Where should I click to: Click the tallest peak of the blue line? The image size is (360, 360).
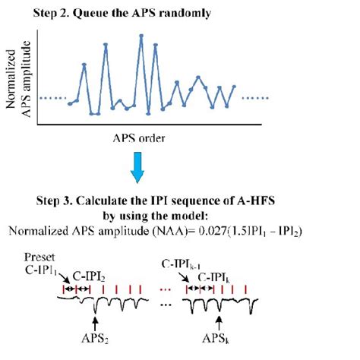coord(141,36)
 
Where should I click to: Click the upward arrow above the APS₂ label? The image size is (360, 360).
coord(93,314)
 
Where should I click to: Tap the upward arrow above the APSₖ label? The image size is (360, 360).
coord(219,314)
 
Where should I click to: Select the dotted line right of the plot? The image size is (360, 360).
coord(254,99)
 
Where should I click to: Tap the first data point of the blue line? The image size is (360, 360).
coord(69,103)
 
